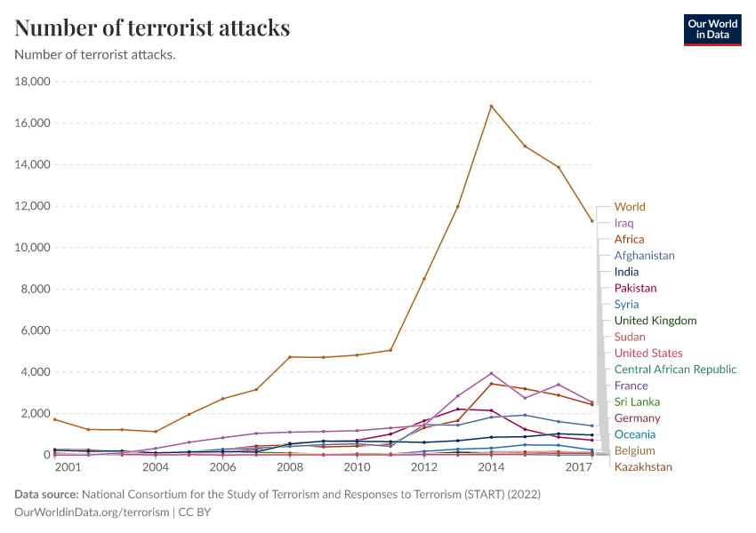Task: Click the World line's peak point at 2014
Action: coord(491,107)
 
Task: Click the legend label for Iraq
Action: coord(623,223)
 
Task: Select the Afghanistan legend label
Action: coord(644,256)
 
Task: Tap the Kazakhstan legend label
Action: coord(643,467)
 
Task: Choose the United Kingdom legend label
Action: coord(655,321)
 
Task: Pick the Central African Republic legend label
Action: coord(675,370)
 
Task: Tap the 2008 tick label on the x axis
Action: coord(290,467)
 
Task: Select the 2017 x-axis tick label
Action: coord(579,467)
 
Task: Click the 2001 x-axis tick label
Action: coord(66,467)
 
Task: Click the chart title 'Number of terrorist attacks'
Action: coord(152,28)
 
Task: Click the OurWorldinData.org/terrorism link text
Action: coord(92,512)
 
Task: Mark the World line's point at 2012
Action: coord(424,279)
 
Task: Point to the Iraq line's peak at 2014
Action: coord(491,373)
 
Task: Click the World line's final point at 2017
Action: coord(592,221)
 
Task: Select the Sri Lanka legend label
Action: coord(637,402)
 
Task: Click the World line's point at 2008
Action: coord(290,357)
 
